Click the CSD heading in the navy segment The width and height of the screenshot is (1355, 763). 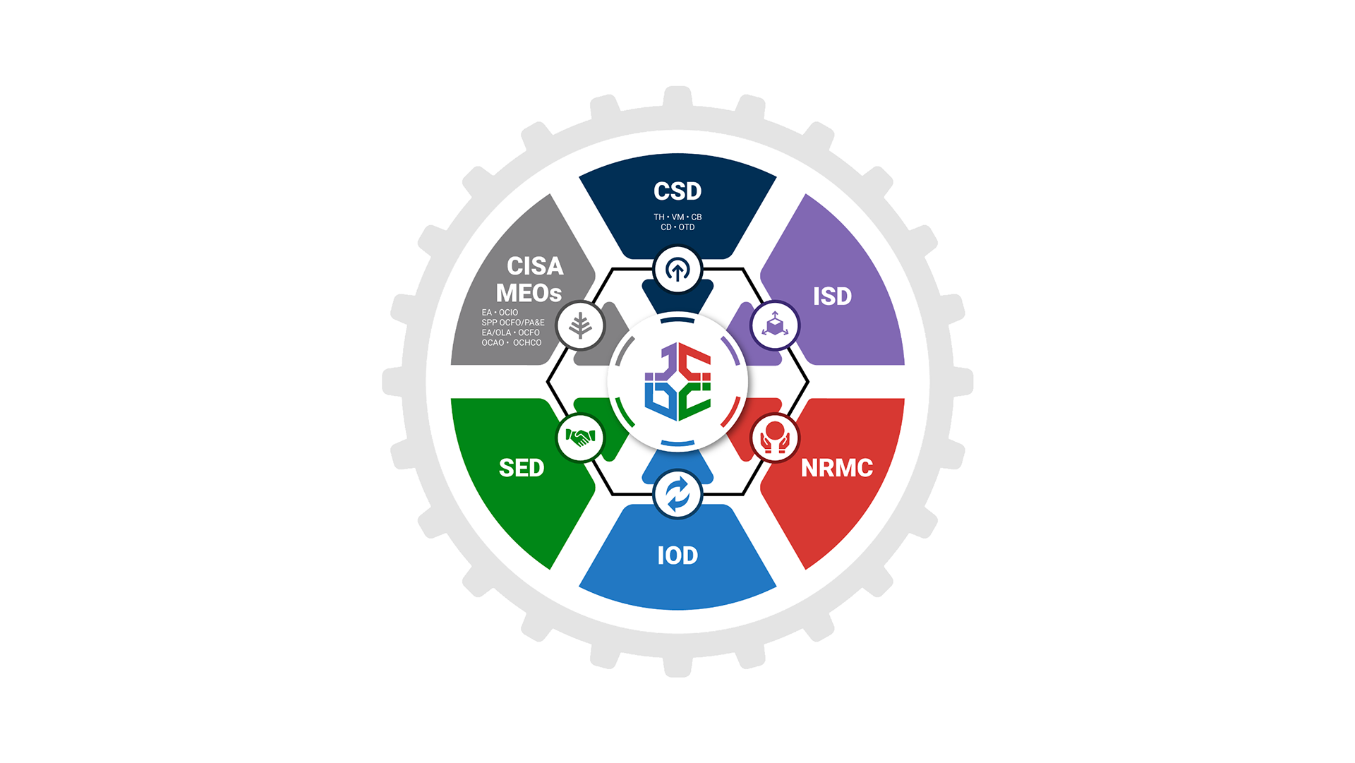click(677, 191)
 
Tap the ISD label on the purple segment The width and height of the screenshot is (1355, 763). click(832, 296)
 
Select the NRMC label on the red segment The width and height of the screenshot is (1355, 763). click(836, 468)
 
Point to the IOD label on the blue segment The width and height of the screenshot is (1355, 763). click(677, 555)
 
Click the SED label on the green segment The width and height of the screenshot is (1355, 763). click(522, 468)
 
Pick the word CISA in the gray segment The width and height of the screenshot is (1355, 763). click(535, 266)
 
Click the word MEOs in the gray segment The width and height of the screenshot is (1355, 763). click(529, 293)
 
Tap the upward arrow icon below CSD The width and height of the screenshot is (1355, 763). click(677, 270)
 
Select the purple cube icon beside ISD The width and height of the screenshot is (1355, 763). click(775, 325)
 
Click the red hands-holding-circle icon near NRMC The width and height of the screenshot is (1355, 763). click(775, 438)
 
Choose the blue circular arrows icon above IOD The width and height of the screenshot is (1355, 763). click(677, 494)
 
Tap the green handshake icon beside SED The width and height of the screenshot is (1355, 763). click(580, 438)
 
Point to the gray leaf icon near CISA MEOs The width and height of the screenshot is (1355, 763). click(580, 325)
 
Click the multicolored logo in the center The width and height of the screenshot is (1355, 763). click(677, 382)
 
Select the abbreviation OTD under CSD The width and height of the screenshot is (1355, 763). click(687, 227)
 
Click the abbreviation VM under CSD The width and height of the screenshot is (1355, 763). click(677, 217)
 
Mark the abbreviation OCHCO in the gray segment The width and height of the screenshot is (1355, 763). click(527, 343)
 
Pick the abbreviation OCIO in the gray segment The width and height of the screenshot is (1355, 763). click(508, 313)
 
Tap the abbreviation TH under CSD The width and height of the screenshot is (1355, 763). click(659, 217)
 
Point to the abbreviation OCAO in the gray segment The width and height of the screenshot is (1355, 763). click(493, 343)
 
